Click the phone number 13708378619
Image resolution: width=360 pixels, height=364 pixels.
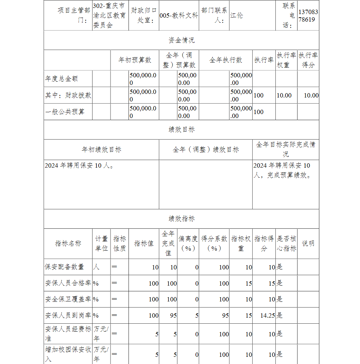308,16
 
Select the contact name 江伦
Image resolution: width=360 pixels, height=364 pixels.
237,16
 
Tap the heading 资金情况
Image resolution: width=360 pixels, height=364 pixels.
181,40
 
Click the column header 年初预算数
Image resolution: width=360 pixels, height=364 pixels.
135,60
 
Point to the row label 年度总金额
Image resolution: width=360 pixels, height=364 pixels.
62,79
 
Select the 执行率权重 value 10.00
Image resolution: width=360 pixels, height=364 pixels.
284,95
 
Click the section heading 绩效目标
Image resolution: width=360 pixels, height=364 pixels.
181,129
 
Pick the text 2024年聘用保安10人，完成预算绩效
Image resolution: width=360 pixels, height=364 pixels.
282,170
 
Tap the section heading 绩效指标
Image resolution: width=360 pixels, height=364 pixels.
181,219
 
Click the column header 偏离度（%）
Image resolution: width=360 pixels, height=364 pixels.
188,244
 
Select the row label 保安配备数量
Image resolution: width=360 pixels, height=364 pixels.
64,267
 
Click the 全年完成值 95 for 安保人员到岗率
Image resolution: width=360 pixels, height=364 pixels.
173,315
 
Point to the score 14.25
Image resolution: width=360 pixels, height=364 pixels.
267,315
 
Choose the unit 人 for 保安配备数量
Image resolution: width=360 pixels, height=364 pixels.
96,267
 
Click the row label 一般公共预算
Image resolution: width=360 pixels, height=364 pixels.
64,112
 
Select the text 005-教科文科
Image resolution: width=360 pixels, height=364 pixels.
179,16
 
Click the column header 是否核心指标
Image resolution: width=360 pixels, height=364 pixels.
286,244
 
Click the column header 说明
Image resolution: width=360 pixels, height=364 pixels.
308,244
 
